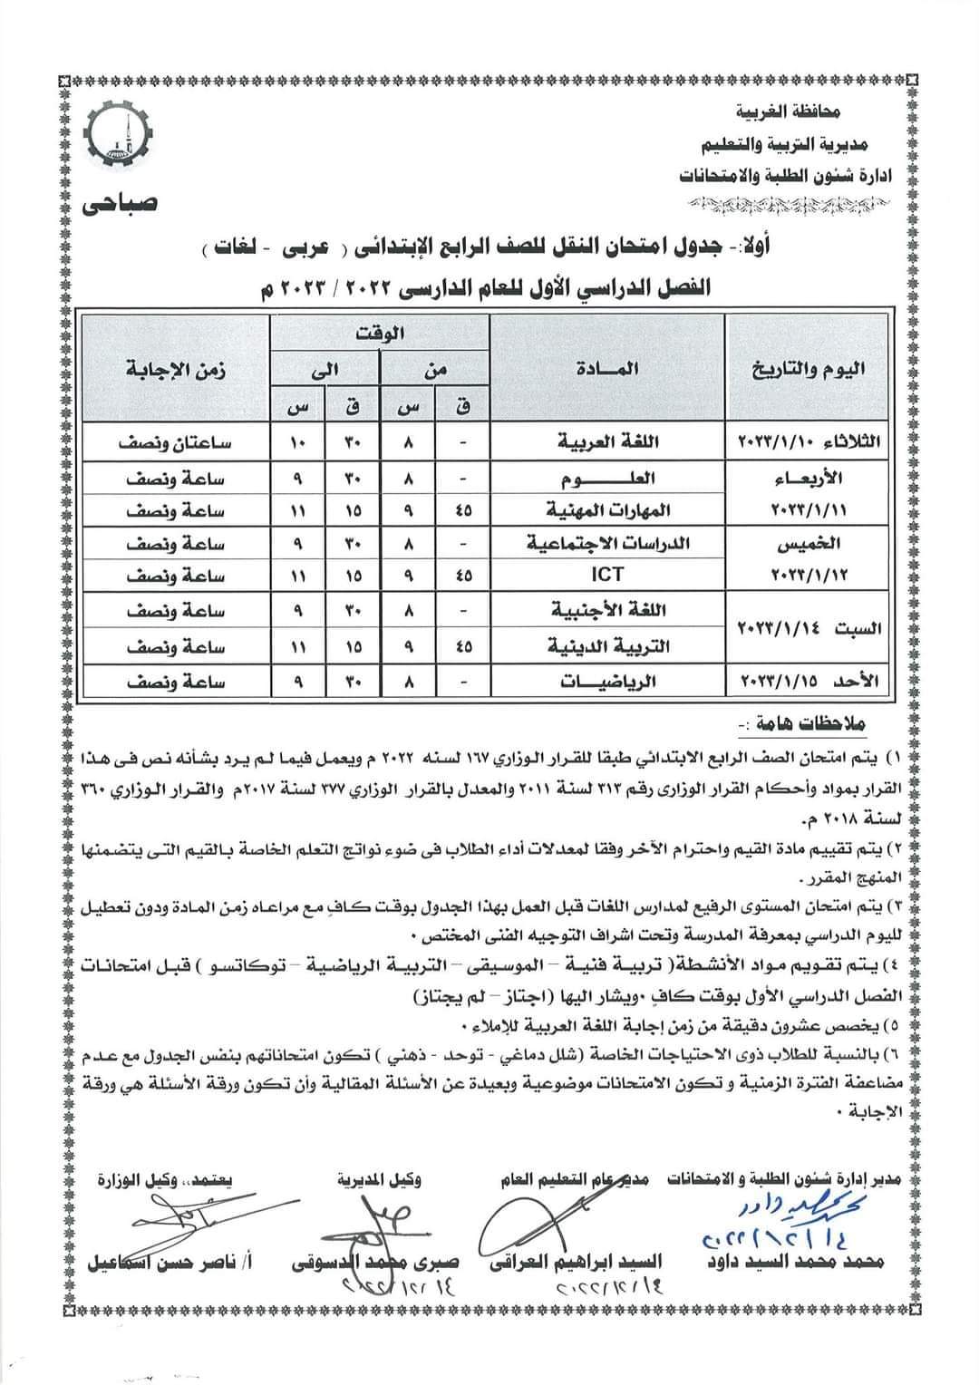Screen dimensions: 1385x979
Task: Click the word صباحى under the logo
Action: (121, 203)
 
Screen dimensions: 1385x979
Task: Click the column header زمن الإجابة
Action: (177, 368)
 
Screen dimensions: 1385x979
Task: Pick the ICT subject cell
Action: (607, 575)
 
